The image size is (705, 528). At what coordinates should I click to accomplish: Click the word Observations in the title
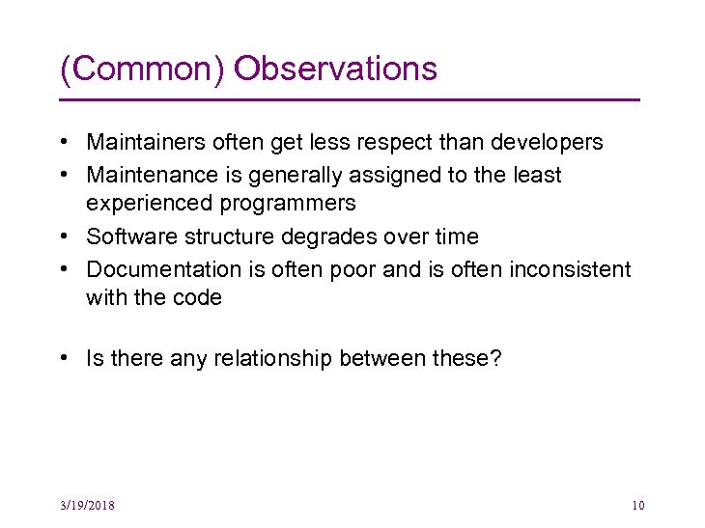coord(335,69)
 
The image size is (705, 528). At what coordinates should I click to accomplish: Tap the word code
coord(198,297)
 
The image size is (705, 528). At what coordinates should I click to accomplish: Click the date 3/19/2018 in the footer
coord(86,506)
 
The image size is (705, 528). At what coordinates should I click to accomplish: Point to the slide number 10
coord(636,506)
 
